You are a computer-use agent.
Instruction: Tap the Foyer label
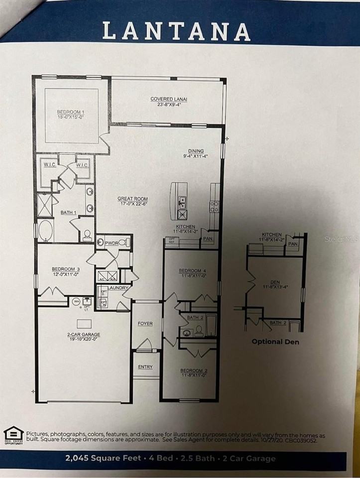coord(145,324)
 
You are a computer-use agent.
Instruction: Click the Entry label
coord(145,367)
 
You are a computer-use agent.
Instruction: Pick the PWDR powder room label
coord(111,243)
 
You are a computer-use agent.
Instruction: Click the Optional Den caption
coord(275,342)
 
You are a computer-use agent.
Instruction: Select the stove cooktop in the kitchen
coord(215,206)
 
